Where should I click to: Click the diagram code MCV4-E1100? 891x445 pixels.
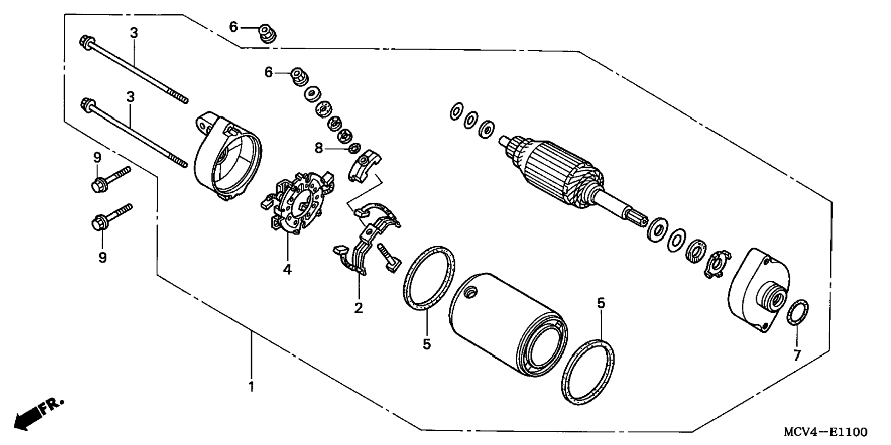pos(826,432)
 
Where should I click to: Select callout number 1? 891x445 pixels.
pos(251,386)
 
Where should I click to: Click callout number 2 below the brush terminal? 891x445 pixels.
pos(358,308)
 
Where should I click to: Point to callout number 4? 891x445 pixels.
pos(287,269)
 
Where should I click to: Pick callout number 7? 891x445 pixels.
pos(797,355)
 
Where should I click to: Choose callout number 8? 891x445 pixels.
pos(319,148)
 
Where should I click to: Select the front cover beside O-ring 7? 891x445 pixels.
pos(758,290)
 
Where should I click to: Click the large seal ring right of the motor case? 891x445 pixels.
pos(589,372)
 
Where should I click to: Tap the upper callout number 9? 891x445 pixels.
pos(97,158)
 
